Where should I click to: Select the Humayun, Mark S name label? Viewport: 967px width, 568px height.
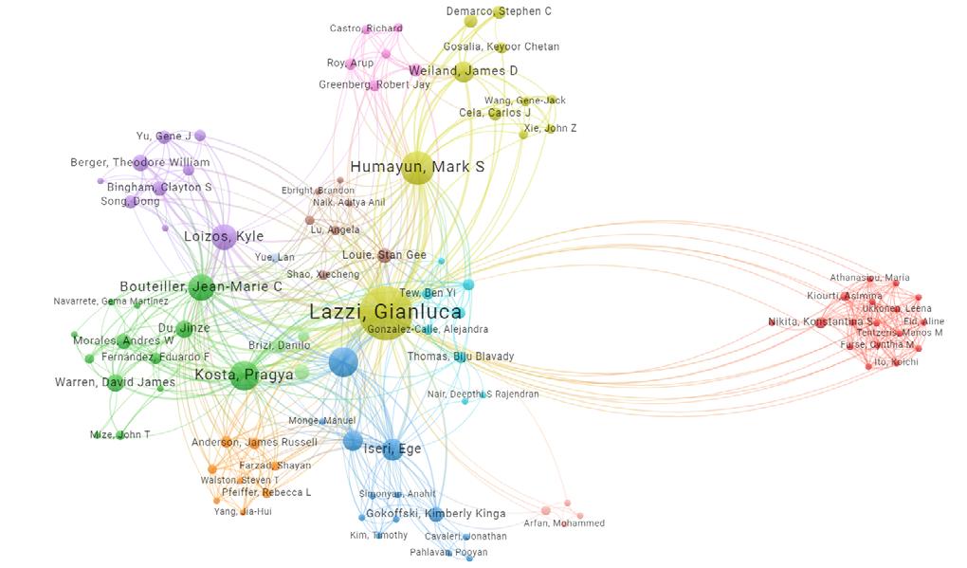pos(417,167)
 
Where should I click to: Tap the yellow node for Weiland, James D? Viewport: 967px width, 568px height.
pos(463,72)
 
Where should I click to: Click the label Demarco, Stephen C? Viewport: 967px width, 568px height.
pos(499,11)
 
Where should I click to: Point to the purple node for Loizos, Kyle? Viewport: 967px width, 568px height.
pos(223,237)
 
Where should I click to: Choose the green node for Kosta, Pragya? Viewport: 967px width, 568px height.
pos(245,376)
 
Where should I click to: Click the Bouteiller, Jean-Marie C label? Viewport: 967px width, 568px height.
pos(201,286)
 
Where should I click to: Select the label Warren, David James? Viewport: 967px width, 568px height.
pos(101,383)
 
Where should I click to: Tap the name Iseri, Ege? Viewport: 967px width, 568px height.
pos(392,449)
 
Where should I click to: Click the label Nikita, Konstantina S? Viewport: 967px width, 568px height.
pos(819,322)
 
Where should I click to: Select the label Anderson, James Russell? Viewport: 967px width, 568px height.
pos(254,442)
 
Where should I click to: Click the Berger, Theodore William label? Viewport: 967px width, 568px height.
pos(139,162)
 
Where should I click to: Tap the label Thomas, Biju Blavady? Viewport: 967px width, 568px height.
pos(461,357)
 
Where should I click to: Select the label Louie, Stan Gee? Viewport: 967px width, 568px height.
pos(389,255)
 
